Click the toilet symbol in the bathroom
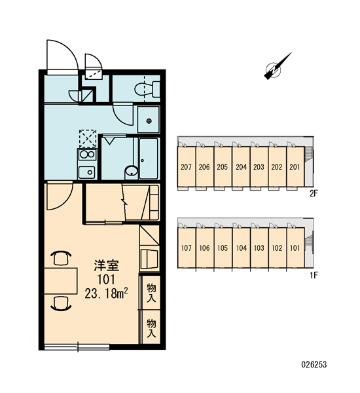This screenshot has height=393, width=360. (147, 88)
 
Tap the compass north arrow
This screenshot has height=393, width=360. (278, 66)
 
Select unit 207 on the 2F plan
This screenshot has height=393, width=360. (186, 166)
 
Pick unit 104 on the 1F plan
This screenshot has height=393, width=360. (242, 248)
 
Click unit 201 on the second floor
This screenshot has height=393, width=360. (295, 166)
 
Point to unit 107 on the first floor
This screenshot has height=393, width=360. (186, 248)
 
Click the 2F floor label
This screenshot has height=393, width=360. (314, 193)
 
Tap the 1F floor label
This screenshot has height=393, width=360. (314, 275)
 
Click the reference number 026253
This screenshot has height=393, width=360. (314, 364)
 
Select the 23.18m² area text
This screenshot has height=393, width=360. (107, 293)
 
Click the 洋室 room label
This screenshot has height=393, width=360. (107, 266)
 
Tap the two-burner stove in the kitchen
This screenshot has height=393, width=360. (87, 155)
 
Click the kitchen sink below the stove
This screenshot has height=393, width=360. (86, 172)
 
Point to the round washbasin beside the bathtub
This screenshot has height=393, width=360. (132, 171)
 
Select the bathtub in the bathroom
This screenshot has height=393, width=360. (149, 159)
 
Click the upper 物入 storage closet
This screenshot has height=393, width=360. (151, 292)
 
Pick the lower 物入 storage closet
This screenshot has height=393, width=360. (151, 327)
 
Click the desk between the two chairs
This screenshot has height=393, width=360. (61, 281)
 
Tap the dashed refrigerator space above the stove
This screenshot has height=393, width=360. (88, 138)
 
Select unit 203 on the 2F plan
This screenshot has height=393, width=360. (259, 166)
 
